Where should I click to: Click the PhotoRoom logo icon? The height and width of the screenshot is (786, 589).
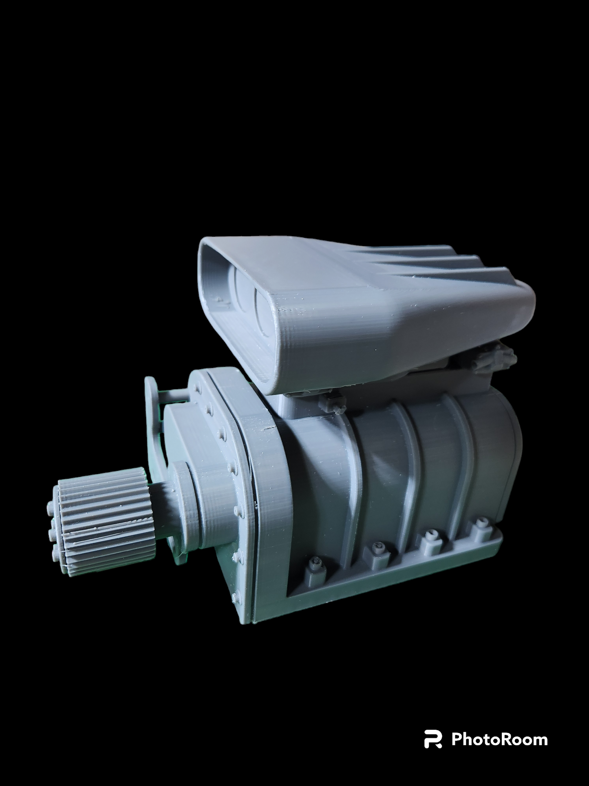[x=433, y=739]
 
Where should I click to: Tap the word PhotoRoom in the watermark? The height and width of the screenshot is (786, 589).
[x=499, y=739]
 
